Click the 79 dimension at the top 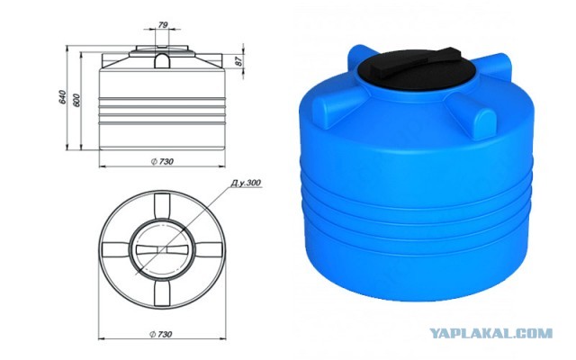(x=163, y=24)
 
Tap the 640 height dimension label (x=62, y=96)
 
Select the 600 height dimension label (x=76, y=100)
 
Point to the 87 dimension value (x=238, y=61)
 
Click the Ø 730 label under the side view (x=162, y=161)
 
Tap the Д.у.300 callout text (x=246, y=183)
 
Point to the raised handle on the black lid (x=418, y=64)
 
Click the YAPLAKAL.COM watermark (x=490, y=334)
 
